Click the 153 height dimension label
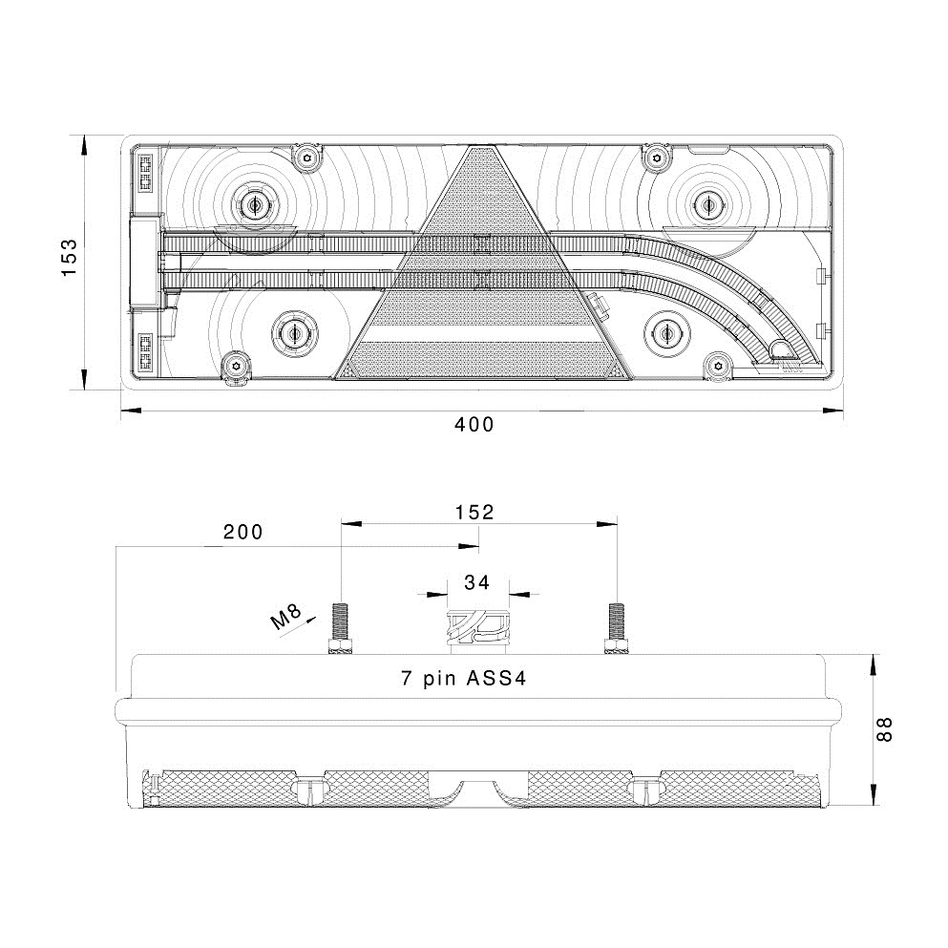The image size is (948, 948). pos(69,258)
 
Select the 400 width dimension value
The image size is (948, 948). pos(474,425)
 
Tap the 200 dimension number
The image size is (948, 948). pos(242,533)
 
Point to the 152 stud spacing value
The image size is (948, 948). pos(474,512)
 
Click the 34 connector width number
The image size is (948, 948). pos(477,581)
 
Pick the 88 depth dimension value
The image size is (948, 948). pos(885,730)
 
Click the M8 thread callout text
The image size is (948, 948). pos(286,619)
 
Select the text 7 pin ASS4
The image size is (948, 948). pos(464,680)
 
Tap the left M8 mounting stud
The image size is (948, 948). pos(341,629)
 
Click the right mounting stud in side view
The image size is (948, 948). pos(616,629)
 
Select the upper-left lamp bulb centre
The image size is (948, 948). pos(254,203)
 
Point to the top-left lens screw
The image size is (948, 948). pos(306,157)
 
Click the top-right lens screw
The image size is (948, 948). pos(655,156)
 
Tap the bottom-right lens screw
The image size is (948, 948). pos(718,366)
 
